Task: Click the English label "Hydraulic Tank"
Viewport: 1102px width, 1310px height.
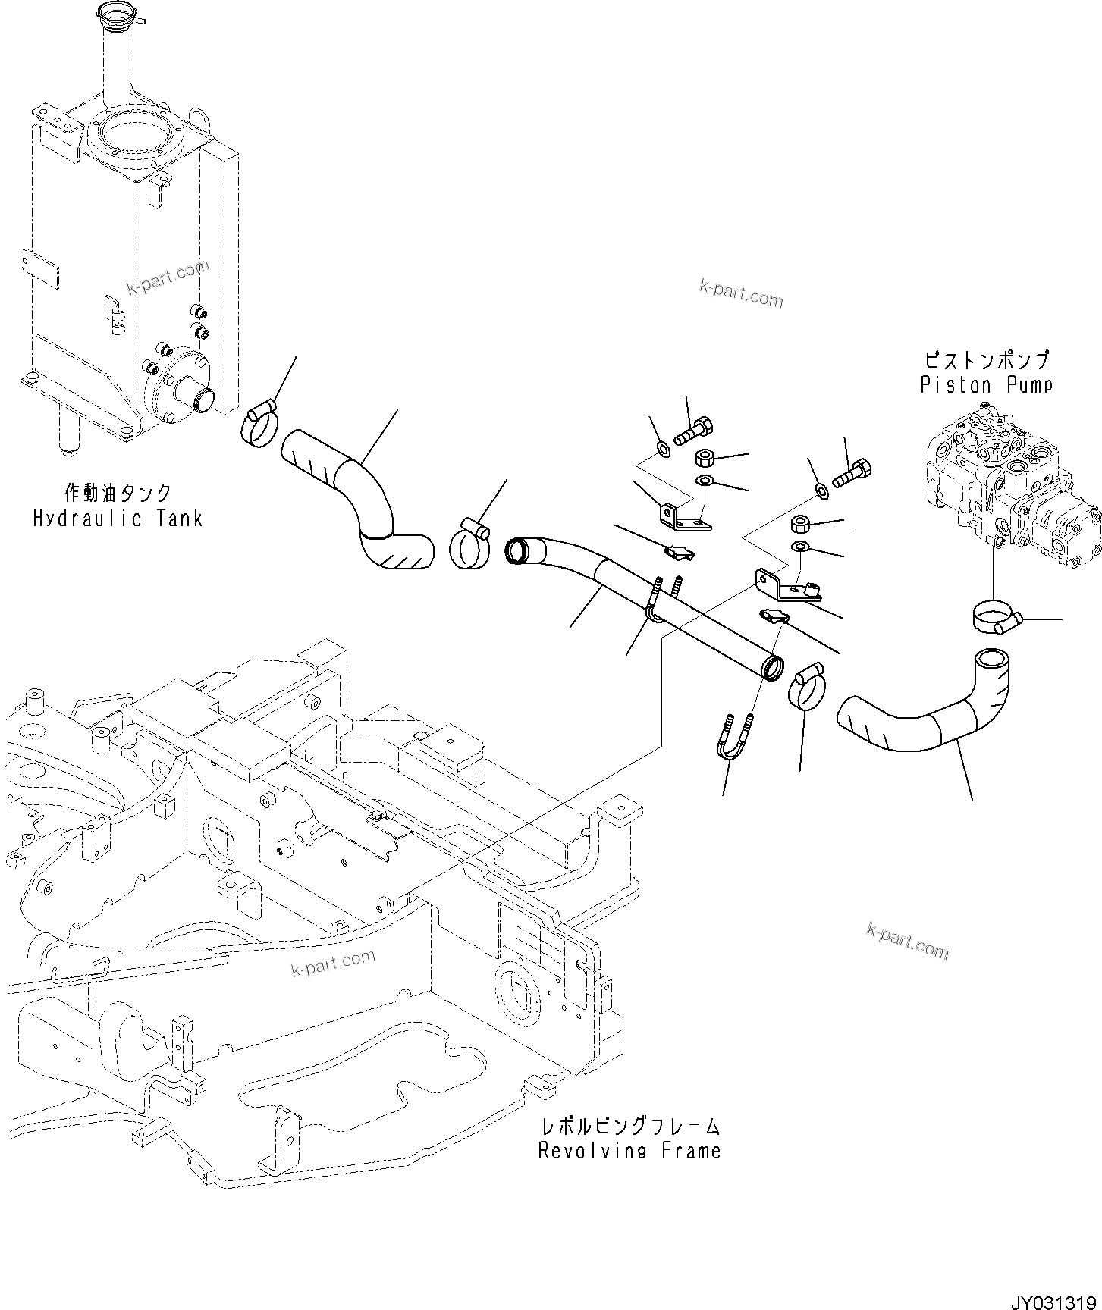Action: tap(118, 519)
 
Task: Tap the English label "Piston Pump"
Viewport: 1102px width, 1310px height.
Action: tap(986, 384)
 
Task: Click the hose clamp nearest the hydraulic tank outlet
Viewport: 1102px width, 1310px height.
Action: tap(260, 425)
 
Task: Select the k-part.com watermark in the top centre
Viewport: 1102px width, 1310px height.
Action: tap(740, 293)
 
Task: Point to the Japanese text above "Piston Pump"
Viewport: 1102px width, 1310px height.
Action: tap(986, 359)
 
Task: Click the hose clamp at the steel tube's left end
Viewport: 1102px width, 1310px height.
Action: tap(469, 544)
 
